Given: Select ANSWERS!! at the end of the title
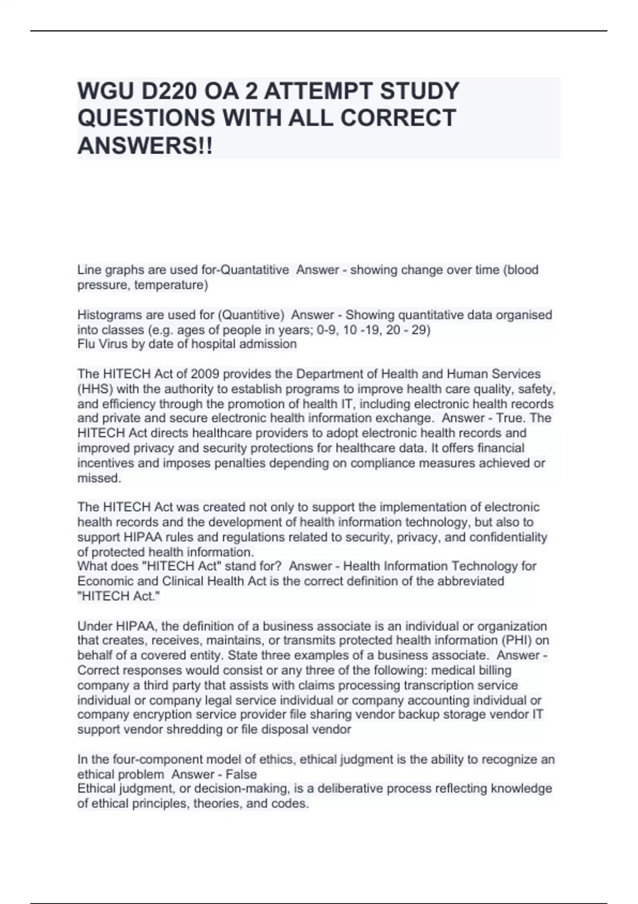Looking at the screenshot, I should pos(145,146).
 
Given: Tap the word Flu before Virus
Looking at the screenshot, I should pos(87,344).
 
